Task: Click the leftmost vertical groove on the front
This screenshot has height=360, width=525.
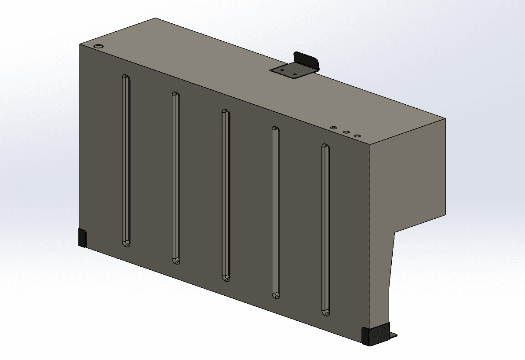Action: pyautogui.click(x=126, y=161)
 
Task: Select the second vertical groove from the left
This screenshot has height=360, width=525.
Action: pyautogui.click(x=176, y=178)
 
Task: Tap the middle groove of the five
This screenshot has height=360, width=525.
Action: pyautogui.click(x=226, y=195)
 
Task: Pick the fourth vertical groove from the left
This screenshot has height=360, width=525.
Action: pyautogui.click(x=276, y=212)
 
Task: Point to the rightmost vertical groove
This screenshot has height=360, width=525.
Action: pyautogui.click(x=325, y=229)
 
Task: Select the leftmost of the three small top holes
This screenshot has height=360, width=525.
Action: pyautogui.click(x=334, y=128)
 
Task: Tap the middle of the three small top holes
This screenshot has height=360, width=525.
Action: pyautogui.click(x=346, y=132)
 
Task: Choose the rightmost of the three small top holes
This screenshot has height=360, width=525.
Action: pyautogui.click(x=357, y=136)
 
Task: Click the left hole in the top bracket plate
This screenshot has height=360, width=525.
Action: pyautogui.click(x=282, y=70)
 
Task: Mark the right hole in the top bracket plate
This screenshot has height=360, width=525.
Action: pyautogui.click(x=294, y=74)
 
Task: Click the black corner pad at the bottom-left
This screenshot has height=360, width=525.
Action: pyautogui.click(x=82, y=238)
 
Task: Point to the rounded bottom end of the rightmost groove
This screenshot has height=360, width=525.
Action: pyautogui.click(x=326, y=312)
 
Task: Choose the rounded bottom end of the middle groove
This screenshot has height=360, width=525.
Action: pyautogui.click(x=226, y=277)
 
